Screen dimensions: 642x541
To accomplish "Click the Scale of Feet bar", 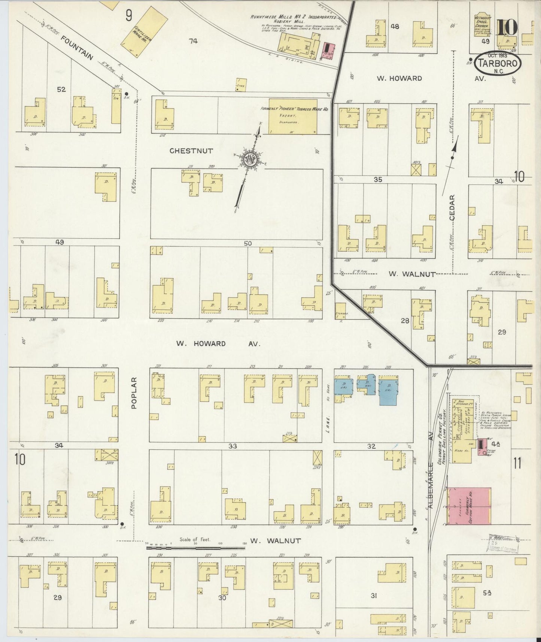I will tap(195, 548).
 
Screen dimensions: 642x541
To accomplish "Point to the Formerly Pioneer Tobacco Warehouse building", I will tap(293, 116).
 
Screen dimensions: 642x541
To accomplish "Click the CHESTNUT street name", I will tap(191, 151).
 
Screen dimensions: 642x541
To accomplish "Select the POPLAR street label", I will tap(134, 393).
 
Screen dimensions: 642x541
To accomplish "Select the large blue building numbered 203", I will tap(389, 391).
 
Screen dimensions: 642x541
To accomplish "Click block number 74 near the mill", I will tap(193, 41).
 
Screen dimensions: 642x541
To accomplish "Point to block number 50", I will tap(247, 243).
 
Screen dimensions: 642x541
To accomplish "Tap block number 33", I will tap(232, 446).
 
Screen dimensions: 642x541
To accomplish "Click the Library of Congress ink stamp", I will tap(503, 543).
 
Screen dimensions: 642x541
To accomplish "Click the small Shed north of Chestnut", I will tap(241, 84).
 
